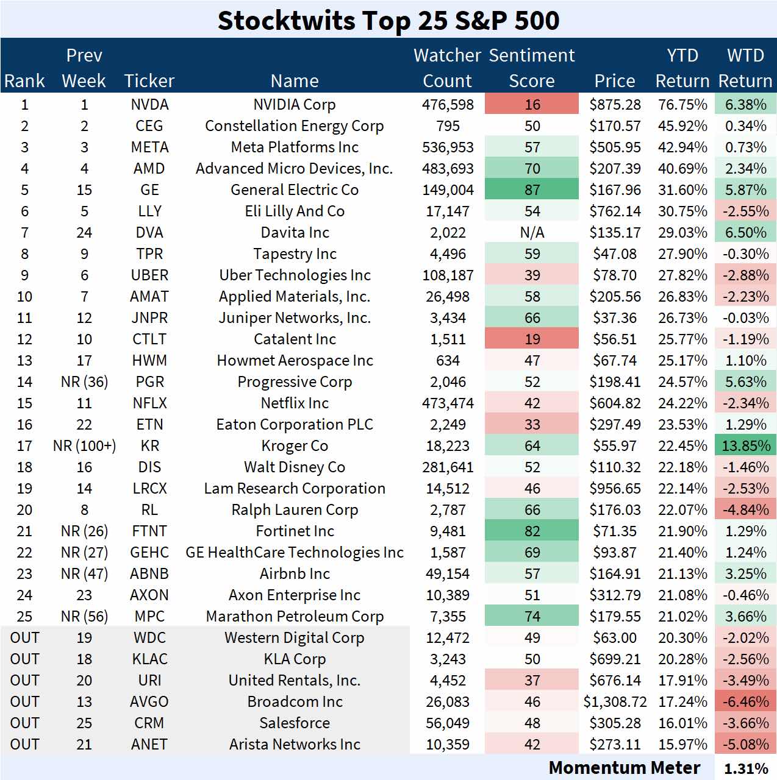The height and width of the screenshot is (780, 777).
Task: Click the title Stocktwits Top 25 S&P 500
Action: (389, 21)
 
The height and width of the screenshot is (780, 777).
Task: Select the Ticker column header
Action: (149, 80)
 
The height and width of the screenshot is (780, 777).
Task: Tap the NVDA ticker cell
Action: (149, 105)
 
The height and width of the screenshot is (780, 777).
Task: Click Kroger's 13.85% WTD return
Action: (745, 446)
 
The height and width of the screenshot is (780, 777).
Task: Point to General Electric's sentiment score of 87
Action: (532, 190)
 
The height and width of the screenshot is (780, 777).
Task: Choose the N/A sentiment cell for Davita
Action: (532, 233)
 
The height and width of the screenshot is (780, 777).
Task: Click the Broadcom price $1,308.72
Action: (615, 702)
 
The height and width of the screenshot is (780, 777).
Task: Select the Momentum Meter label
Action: (624, 768)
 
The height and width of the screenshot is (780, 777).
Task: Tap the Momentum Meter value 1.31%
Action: (745, 768)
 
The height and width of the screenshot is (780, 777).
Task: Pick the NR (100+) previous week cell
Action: (84, 446)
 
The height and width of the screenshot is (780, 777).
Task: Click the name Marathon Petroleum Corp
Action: (295, 617)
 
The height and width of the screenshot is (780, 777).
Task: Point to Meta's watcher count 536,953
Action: (448, 147)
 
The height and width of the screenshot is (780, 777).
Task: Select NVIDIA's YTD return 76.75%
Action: (682, 105)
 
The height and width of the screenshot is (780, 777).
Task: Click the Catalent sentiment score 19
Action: (532, 339)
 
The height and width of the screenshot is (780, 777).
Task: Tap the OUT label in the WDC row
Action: (24, 638)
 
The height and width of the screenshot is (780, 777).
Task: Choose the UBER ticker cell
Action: (149, 275)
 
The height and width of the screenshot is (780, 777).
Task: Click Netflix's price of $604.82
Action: (615, 403)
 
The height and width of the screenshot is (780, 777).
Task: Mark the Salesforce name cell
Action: (295, 723)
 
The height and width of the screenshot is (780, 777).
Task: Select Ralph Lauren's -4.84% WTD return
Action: (745, 510)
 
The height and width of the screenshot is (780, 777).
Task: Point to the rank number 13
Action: (24, 361)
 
